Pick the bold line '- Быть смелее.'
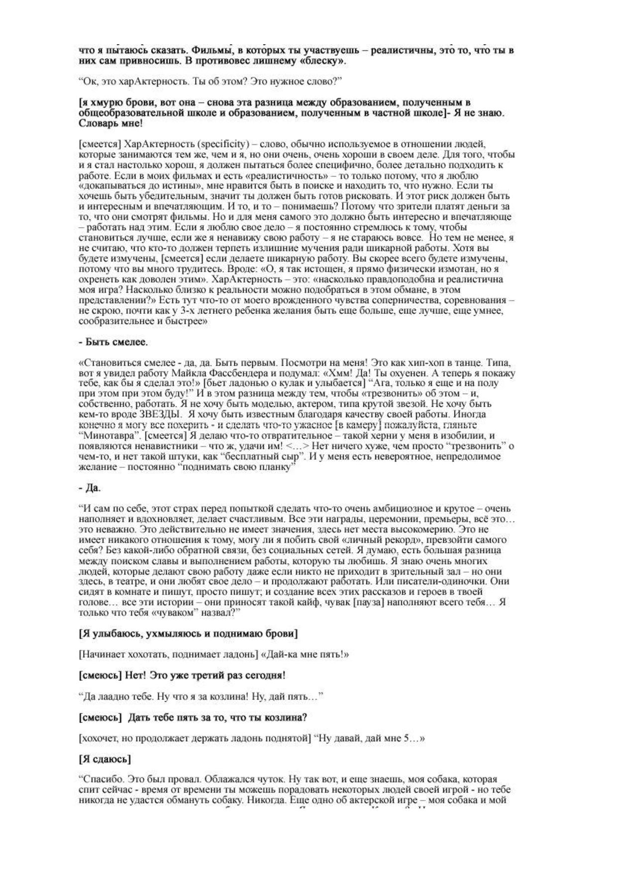click(x=113, y=342)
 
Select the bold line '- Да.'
click(x=90, y=488)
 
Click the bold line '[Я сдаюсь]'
click(x=105, y=759)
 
